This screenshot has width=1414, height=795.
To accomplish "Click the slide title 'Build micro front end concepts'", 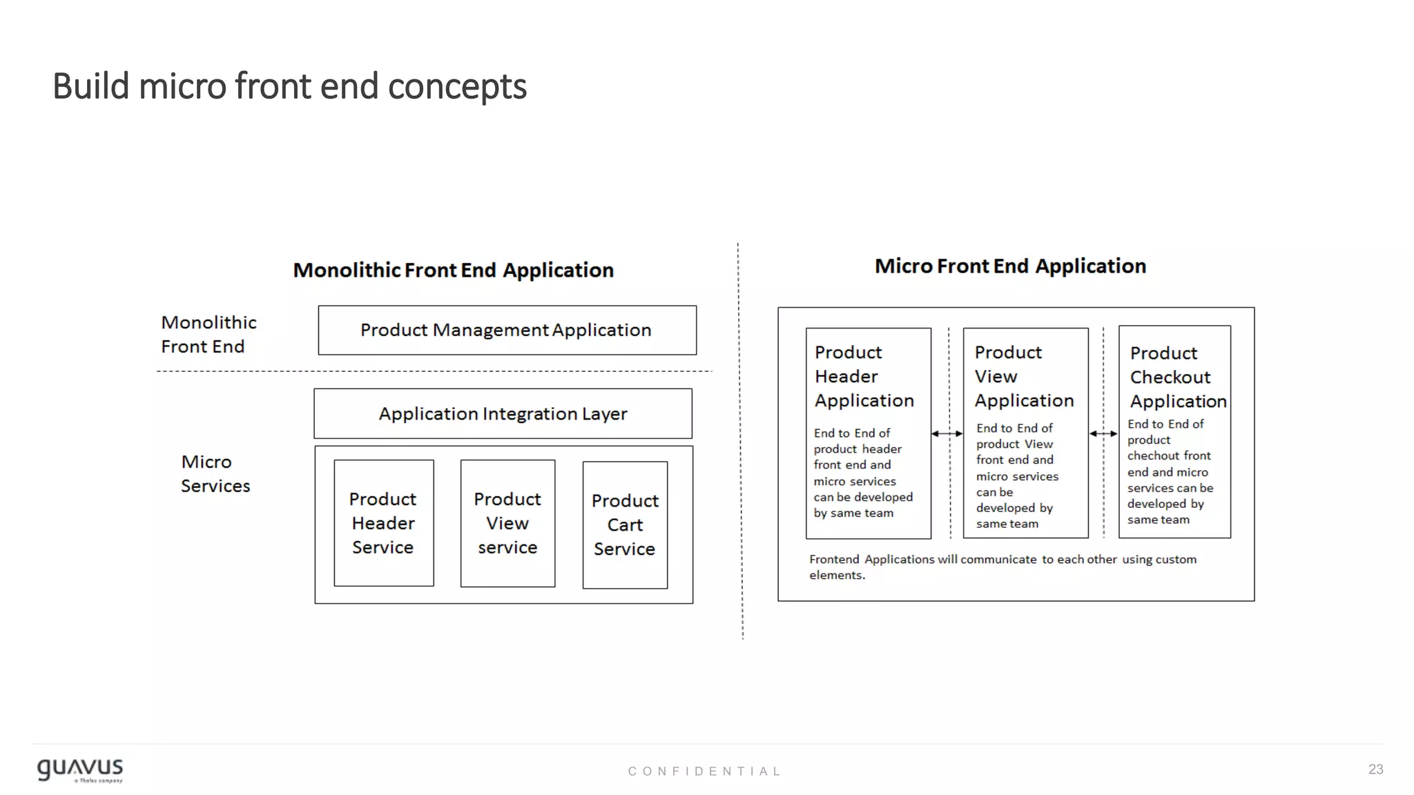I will pos(289,87).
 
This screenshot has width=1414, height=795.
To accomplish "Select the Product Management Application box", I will pos(507,331).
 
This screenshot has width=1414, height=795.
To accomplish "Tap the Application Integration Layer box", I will pos(503,414).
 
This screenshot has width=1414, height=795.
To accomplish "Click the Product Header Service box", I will pos(383,523).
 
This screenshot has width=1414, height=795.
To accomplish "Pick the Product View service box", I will pos(507,523).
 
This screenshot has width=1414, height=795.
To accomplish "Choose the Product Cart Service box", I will pos(625,524).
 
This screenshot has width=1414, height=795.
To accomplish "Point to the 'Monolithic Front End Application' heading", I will pos(453,271).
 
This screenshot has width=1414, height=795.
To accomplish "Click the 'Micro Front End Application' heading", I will pos(1010,266).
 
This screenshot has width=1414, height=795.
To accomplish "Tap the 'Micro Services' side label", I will pos(215,474).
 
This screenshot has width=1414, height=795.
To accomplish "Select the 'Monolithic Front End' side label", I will pos(208,335).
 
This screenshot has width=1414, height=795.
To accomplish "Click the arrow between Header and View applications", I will pos(947,434).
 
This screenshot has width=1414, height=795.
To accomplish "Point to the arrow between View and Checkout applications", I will pos(1103,434).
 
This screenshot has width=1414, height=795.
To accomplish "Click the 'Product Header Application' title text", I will pos(864,377).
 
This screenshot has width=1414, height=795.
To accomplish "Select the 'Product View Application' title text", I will pos(1024,377).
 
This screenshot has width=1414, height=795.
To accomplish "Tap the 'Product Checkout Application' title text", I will pos(1177,377).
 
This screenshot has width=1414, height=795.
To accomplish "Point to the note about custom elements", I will pos(1003,567).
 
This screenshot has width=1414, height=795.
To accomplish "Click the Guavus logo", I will pos(80,770).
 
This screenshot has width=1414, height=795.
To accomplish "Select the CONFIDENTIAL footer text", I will pos(704,772).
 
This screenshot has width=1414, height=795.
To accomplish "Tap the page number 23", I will pos(1375,769).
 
